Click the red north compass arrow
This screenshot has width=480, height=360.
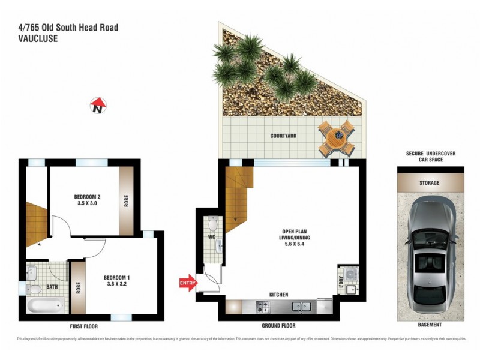(x=98, y=106)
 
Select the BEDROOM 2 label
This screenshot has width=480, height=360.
(x=87, y=200)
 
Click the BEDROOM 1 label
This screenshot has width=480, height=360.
(x=116, y=281)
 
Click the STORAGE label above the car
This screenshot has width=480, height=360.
(x=430, y=183)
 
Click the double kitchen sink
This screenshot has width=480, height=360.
(x=301, y=306)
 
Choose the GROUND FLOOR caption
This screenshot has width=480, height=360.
(x=279, y=325)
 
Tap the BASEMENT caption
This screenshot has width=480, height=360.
(x=430, y=325)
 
